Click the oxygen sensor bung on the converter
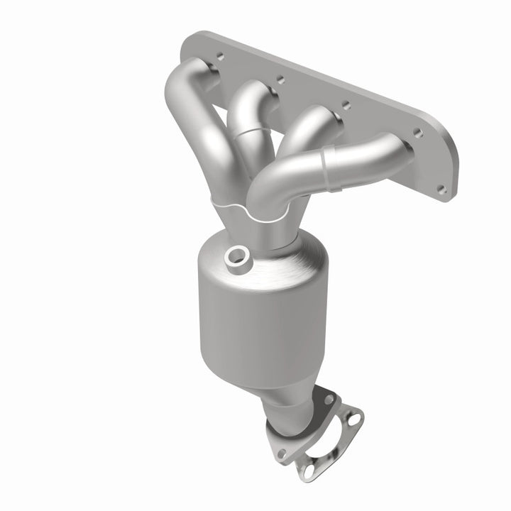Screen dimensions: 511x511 pyautogui.click(x=236, y=256)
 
